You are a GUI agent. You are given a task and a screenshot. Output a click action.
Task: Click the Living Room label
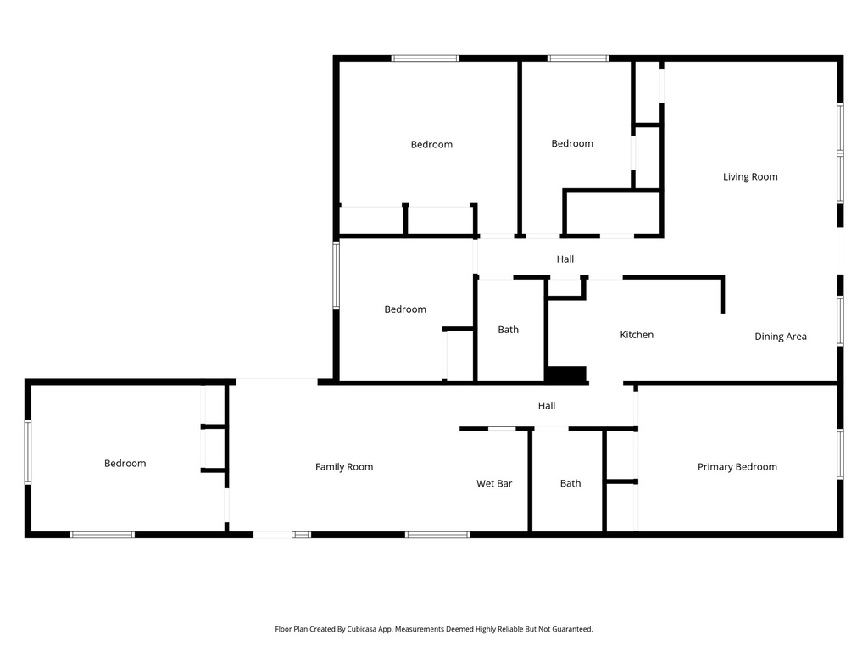[x=750, y=176]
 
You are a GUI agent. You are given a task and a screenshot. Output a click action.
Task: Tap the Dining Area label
[x=781, y=336]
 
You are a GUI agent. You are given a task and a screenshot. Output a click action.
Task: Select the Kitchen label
[x=637, y=334]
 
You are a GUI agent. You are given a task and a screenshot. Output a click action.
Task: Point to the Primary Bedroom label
[x=737, y=467]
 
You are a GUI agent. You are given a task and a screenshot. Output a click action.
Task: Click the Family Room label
[x=344, y=467]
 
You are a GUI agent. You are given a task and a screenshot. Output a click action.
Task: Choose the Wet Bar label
[x=494, y=483]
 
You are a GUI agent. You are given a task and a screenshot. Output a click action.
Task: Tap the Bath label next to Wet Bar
[x=570, y=483]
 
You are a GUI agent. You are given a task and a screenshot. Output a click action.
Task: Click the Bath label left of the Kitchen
[x=508, y=330]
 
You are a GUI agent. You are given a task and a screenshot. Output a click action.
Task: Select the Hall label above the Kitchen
[x=565, y=259]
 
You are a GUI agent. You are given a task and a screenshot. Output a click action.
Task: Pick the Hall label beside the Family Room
[x=547, y=406]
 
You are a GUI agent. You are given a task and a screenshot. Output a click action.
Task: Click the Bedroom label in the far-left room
[x=125, y=464]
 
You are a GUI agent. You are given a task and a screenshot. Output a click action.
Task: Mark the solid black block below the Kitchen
[x=565, y=374]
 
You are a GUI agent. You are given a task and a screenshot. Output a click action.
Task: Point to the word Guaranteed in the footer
[x=572, y=629]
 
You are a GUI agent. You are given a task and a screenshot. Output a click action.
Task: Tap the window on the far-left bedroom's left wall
[x=28, y=453]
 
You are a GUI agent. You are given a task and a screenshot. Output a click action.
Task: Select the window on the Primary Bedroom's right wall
[x=840, y=454]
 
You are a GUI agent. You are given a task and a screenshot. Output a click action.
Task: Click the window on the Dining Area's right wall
[x=840, y=321]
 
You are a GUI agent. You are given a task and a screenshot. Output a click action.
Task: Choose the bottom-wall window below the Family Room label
[x=437, y=535]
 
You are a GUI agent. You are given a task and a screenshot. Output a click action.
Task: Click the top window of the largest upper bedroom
[x=426, y=58]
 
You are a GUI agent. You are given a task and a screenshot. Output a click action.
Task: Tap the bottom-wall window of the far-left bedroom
[x=102, y=535]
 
